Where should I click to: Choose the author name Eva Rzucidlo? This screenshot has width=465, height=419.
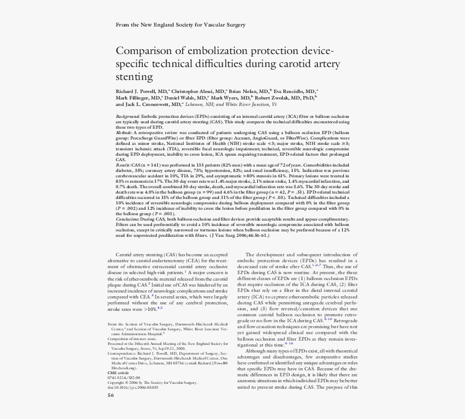point(293,91)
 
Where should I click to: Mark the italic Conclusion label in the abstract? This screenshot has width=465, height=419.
point(128,220)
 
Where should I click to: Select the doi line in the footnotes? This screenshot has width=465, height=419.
point(132,387)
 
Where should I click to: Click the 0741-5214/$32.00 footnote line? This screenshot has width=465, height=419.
point(124,377)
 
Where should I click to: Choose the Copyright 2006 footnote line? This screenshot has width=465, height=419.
point(152,382)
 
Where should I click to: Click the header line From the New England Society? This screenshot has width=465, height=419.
point(181,25)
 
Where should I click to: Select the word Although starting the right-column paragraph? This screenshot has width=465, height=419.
point(257,351)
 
